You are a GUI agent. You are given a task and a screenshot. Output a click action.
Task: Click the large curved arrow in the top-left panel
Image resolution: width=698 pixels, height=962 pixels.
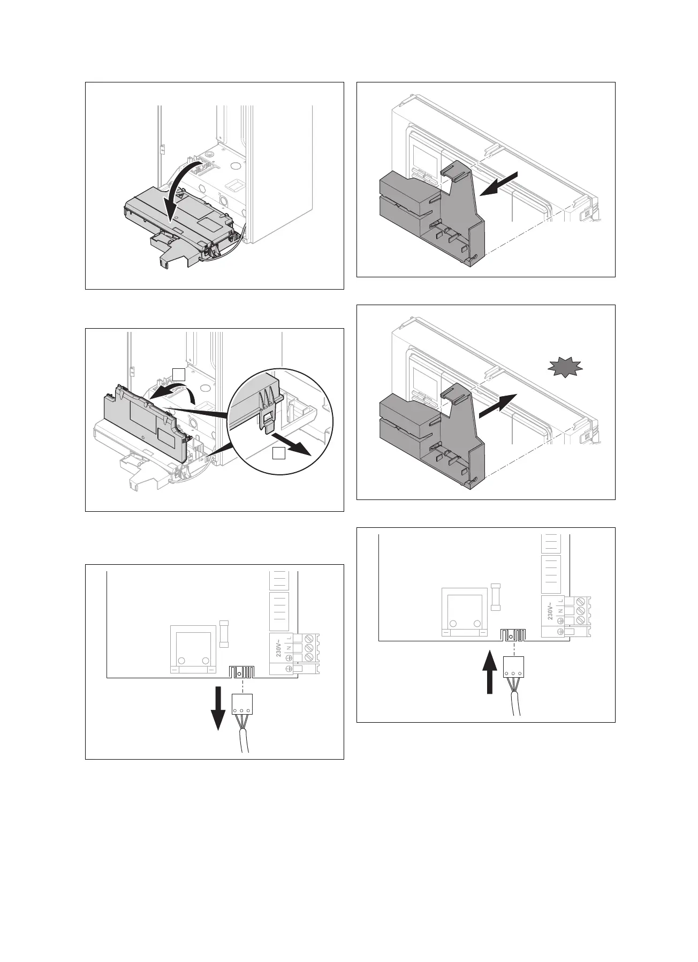[177, 193]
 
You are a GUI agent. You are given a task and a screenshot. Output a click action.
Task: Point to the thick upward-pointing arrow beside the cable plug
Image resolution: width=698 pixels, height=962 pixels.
[489, 672]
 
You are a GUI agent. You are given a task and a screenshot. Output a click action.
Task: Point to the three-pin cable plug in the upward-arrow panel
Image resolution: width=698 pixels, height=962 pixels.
[513, 668]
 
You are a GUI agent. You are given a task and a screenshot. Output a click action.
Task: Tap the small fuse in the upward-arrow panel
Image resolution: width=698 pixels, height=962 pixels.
[496, 597]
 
